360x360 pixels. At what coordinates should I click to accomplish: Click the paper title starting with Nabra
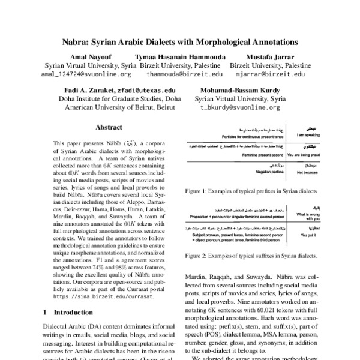coord(180,43)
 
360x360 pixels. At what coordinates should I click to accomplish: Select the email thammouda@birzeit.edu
coord(184,74)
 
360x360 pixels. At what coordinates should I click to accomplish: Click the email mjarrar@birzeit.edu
coord(269,74)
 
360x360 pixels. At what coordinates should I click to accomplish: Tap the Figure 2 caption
coord(250,256)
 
